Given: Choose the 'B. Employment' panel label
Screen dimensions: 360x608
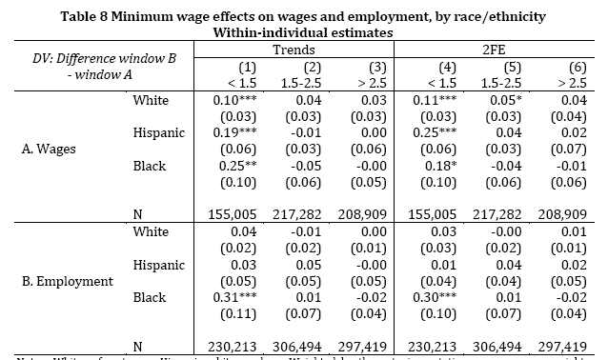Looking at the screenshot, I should pos(67,281).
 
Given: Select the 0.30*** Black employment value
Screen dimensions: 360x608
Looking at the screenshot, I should pos(439,297).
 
